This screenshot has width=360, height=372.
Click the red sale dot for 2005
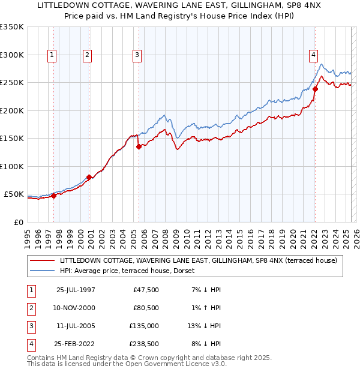(x=139, y=146)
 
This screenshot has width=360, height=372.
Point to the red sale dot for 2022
(x=315, y=89)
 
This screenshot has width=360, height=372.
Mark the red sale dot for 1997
(x=53, y=195)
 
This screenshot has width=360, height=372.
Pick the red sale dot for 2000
(x=89, y=177)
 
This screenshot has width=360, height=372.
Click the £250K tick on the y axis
(x=12, y=83)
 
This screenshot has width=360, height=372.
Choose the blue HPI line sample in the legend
(x=43, y=271)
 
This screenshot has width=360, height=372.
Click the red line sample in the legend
(x=43, y=260)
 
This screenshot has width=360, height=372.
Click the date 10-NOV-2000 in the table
(x=76, y=307)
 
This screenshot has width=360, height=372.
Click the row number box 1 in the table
(x=30, y=289)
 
